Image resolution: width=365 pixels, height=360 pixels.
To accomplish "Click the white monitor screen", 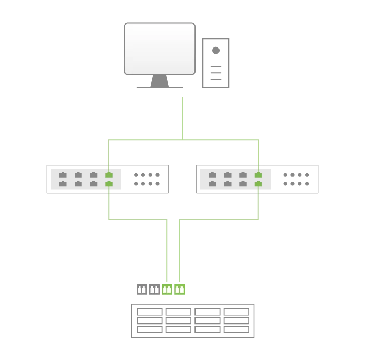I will [x=159, y=49].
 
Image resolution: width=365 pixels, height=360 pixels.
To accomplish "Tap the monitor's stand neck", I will [x=160, y=79].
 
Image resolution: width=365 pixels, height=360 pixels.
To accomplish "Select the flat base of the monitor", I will [x=159, y=85].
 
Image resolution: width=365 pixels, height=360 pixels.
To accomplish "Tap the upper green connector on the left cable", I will [x=109, y=175].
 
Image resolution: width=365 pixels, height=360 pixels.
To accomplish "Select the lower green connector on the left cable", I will [x=109, y=184].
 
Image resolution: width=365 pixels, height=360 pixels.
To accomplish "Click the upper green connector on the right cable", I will [x=258, y=175].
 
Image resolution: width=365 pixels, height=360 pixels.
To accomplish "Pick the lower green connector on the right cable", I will [x=258, y=184].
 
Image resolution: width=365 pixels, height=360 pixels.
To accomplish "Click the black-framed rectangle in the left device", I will [x=148, y=179].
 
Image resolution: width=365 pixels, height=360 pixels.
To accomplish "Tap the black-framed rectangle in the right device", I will [x=296, y=179].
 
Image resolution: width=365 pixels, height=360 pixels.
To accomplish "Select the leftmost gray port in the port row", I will [x=141, y=290].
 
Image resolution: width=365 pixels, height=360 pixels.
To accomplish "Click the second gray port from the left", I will [x=154, y=290].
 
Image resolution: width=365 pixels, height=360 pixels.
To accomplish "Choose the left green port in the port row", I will [x=167, y=290].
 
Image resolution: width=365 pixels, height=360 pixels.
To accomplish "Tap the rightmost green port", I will [x=180, y=290].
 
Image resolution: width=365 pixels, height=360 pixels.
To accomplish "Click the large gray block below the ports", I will [x=193, y=319].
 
